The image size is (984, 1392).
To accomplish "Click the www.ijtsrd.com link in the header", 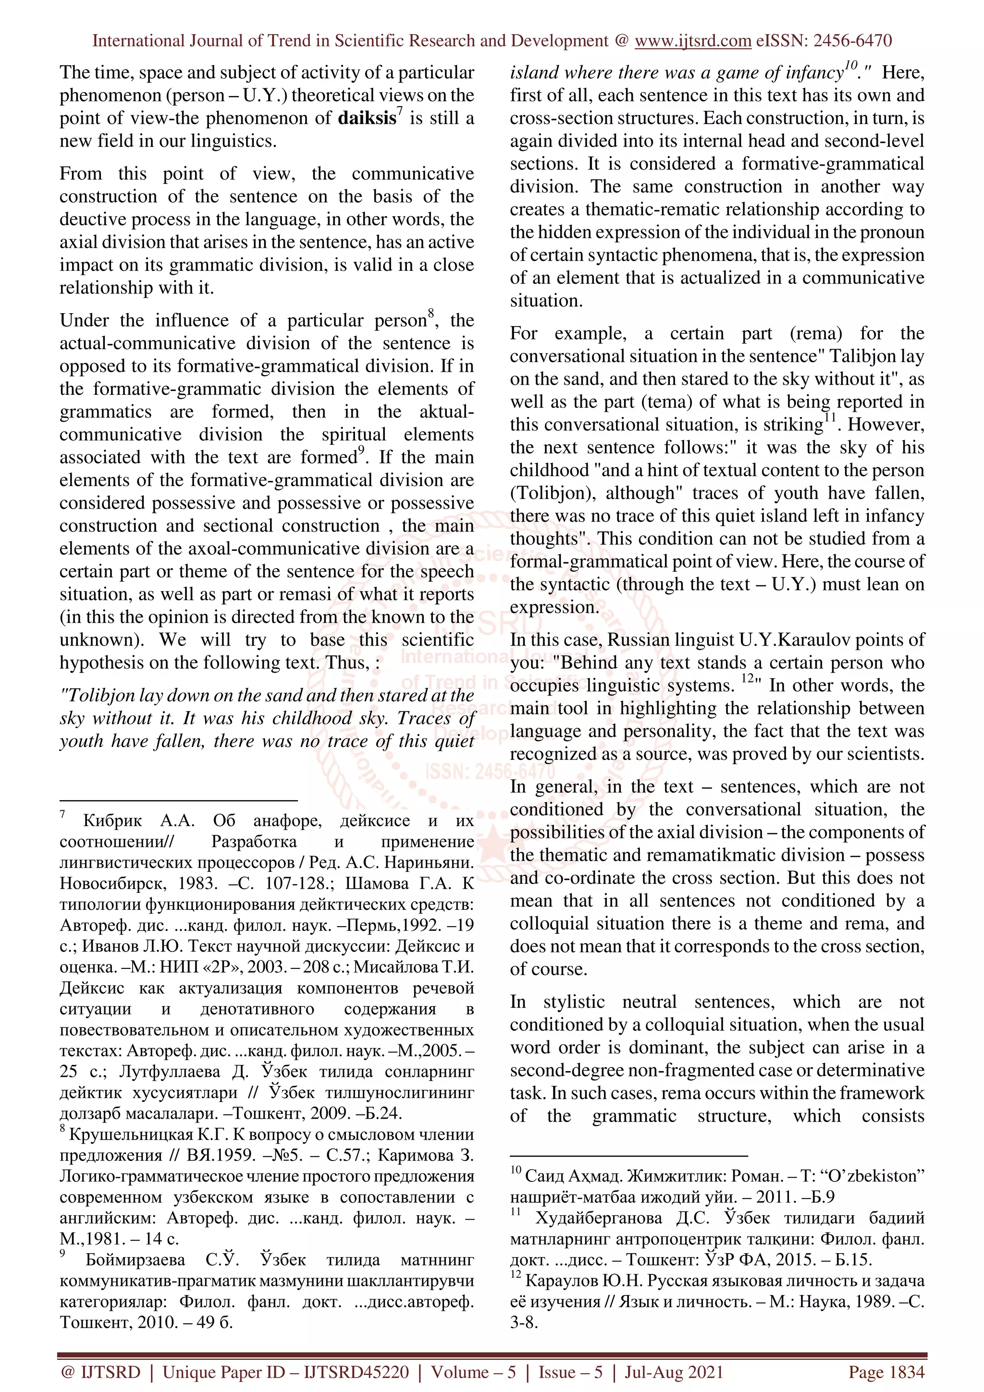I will click(692, 41).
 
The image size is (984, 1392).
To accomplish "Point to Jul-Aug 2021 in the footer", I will click(674, 1372).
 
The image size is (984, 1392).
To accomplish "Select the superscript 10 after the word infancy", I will click(850, 65).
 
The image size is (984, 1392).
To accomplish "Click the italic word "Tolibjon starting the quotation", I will click(97, 696).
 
